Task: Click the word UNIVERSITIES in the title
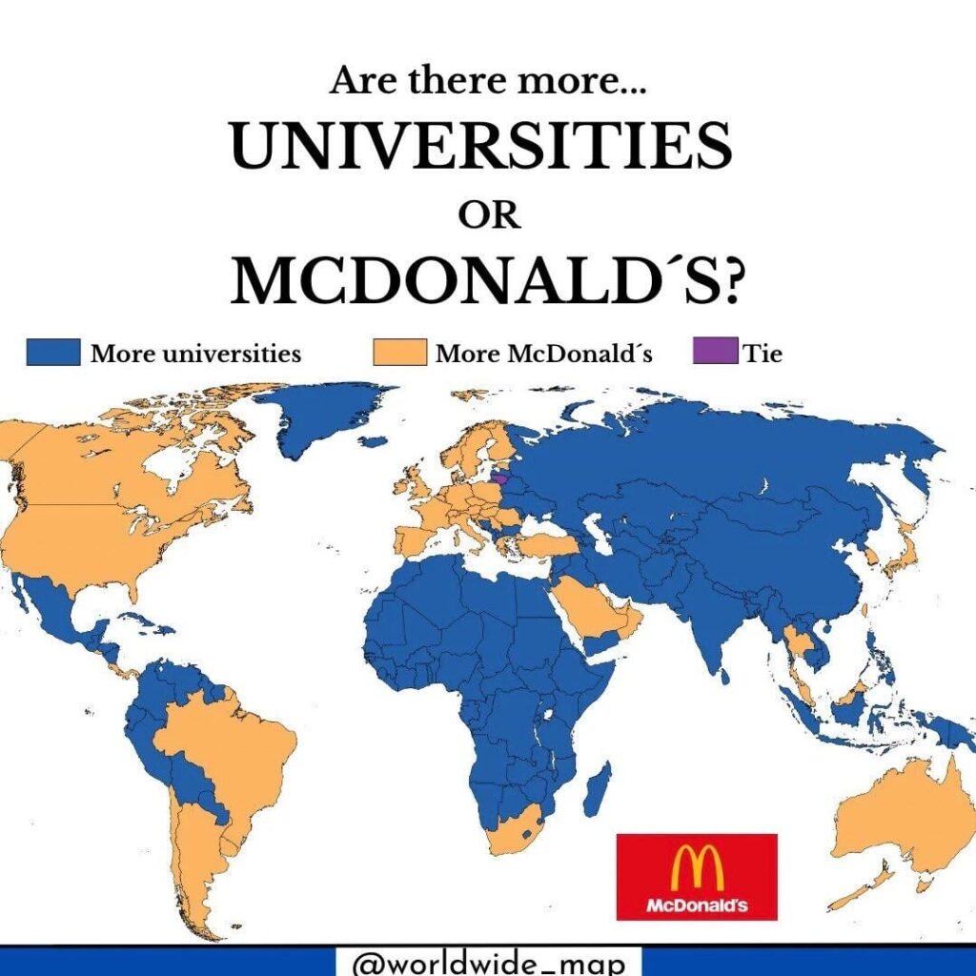481,147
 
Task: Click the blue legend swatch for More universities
53,354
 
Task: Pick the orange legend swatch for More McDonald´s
399,354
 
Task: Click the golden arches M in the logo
697,866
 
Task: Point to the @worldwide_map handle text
489,962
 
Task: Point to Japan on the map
902,554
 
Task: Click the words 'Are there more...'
488,82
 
